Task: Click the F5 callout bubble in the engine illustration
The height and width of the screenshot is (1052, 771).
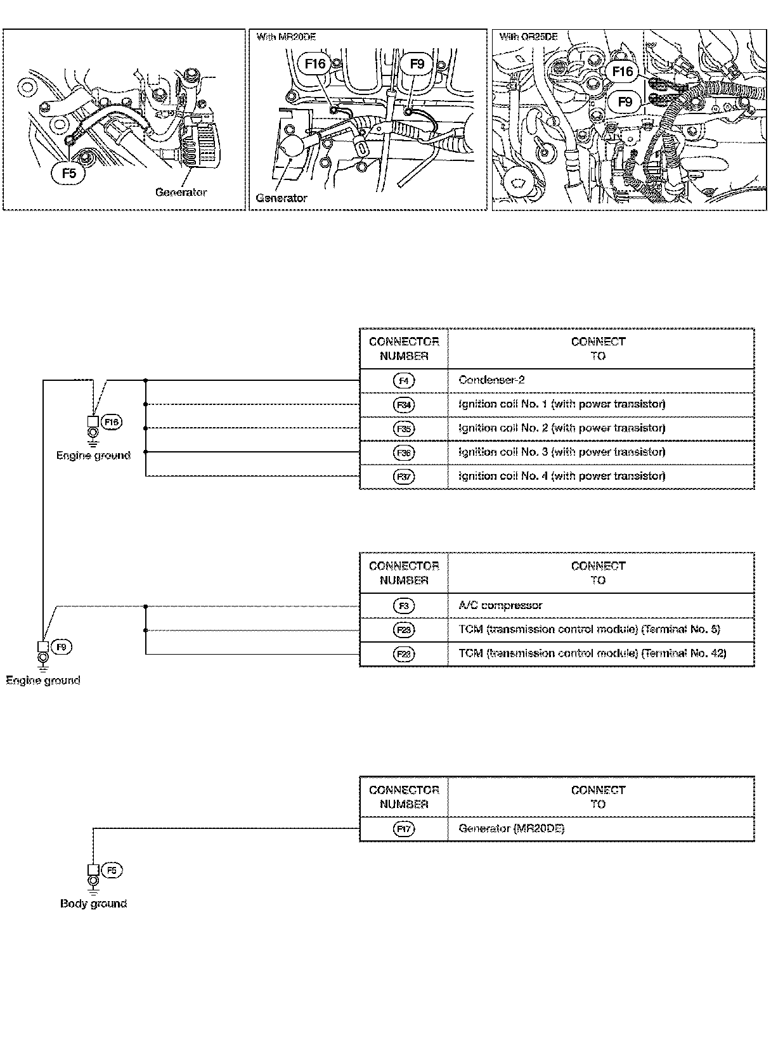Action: tap(68, 174)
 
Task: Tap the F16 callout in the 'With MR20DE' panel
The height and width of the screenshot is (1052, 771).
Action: tap(315, 64)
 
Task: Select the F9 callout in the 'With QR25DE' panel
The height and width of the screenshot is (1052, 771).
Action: tap(625, 101)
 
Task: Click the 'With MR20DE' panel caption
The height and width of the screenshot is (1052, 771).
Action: tap(286, 37)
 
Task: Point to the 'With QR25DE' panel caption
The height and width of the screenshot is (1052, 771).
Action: tap(528, 37)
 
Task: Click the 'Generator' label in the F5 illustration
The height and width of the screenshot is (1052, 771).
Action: tap(181, 192)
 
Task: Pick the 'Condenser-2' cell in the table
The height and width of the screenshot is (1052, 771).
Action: tap(491, 380)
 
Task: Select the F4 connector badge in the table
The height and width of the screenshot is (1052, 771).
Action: tap(404, 381)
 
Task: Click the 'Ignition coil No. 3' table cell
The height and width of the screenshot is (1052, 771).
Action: tap(562, 452)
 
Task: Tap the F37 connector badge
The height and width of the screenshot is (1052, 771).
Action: tap(404, 477)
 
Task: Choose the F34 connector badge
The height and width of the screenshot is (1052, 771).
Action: tap(404, 404)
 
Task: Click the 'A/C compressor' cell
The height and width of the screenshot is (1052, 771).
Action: tap(500, 605)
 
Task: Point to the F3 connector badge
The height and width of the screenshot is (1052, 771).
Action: tap(404, 606)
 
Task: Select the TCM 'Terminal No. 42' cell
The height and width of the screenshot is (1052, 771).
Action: tap(592, 653)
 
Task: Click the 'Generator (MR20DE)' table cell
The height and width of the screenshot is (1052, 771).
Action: tap(511, 828)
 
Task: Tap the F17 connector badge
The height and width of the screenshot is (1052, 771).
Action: tap(404, 828)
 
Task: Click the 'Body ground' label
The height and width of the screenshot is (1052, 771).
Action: tap(93, 904)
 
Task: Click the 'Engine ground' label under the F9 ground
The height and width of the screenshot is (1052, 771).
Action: tap(43, 681)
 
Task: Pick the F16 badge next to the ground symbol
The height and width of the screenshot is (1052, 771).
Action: tap(112, 422)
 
